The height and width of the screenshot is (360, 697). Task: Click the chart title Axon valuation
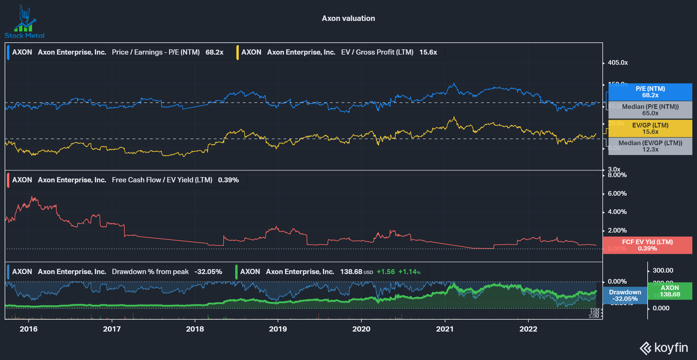tap(348, 18)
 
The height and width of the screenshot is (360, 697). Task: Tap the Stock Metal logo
tap(24, 22)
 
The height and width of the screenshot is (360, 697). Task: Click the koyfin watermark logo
tap(664, 348)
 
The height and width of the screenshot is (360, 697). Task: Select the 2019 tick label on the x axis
tap(278, 329)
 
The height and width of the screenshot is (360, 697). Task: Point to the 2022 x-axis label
tap(528, 329)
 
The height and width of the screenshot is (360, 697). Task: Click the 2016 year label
tap(28, 329)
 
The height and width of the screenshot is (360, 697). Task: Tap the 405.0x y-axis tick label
tap(618, 63)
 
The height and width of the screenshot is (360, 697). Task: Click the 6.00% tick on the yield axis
tap(617, 194)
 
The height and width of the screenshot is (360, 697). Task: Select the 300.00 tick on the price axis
tap(663, 271)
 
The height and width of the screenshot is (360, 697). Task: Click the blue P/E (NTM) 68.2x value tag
tap(650, 92)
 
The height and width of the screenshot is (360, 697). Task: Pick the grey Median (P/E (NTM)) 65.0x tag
tap(650, 110)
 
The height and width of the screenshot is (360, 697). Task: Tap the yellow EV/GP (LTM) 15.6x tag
tap(650, 129)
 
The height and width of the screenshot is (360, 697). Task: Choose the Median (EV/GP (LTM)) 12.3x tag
tap(650, 146)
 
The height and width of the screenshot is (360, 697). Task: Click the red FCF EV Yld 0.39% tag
tap(647, 245)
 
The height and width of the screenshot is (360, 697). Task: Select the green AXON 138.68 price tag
tap(670, 291)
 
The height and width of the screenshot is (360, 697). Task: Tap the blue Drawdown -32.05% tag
tap(625, 296)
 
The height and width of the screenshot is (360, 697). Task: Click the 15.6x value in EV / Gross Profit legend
tap(428, 52)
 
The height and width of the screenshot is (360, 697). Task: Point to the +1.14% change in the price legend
tap(409, 272)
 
